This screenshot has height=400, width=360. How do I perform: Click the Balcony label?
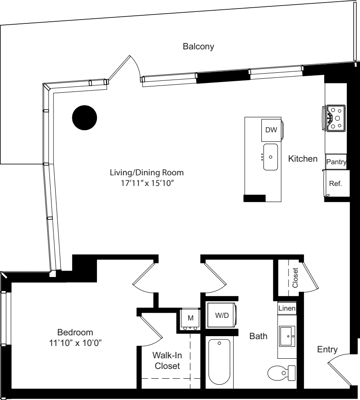point(198,46)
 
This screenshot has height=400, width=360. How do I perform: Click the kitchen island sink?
point(270,157)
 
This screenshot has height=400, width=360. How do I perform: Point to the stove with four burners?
point(336,117)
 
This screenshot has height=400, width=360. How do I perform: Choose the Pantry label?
point(337,162)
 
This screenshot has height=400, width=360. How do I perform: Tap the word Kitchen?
point(303,159)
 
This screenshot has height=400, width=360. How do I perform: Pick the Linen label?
point(287,308)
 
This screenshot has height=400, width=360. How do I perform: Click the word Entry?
point(327,350)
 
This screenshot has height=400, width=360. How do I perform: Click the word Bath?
point(258,337)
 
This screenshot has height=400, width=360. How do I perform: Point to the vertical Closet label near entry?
point(295,277)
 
